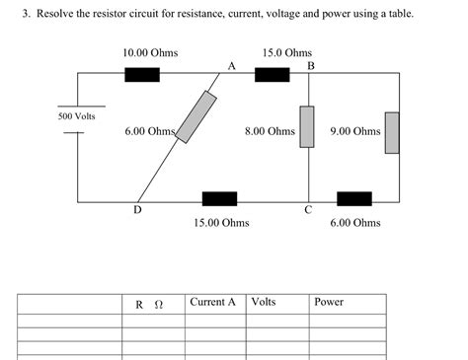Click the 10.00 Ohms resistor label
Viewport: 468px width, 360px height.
coord(150,51)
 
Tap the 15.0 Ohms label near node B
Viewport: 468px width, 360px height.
coord(287,51)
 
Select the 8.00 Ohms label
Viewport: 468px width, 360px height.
coord(270,131)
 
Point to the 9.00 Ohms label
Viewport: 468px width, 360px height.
coord(355,131)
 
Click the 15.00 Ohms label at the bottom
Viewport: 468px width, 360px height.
coord(221,223)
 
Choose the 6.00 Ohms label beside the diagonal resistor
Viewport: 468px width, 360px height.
coord(149,131)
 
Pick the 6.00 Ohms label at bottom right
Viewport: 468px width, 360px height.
coord(355,223)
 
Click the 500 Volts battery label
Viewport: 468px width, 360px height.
coord(76,116)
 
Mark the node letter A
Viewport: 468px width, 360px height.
coord(231,66)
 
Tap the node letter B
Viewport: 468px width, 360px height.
coord(311,66)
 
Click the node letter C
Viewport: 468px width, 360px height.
coord(308,209)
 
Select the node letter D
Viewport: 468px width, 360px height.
coord(137,209)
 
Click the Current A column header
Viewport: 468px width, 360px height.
coord(212,302)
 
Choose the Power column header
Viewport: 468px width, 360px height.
coord(328,302)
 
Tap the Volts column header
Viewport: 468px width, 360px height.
coord(264,302)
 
